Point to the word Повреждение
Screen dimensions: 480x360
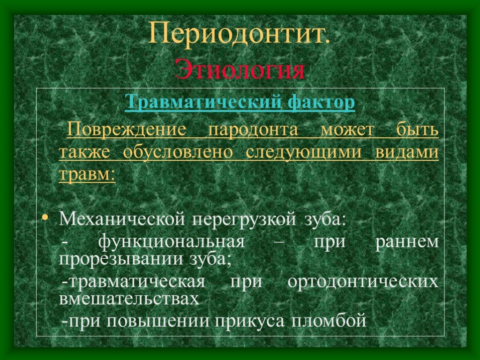point(127,130)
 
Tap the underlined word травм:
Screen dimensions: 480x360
point(87,174)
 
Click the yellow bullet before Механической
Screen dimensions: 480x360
point(45,217)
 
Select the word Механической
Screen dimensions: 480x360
point(122,219)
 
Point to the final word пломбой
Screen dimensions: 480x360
point(329,321)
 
